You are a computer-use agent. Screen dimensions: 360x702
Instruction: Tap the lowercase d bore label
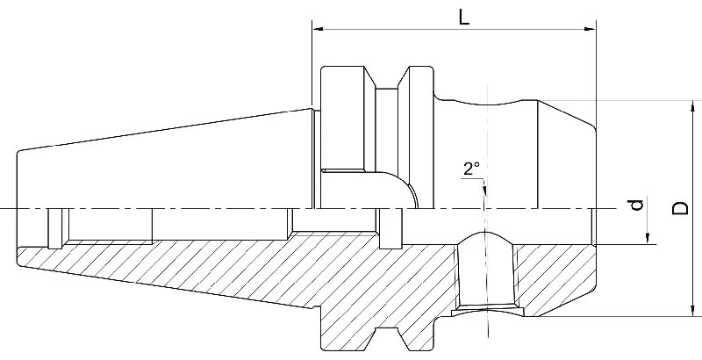[638, 205]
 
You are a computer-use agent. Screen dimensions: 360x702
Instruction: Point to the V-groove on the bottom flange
[383, 338]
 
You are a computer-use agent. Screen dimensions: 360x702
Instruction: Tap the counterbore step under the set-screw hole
[485, 311]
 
